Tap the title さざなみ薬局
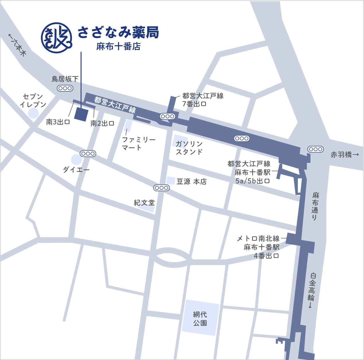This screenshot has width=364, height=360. click(118, 33)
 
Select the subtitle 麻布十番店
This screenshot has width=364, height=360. click(118, 46)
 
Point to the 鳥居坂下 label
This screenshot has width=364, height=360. click(65, 79)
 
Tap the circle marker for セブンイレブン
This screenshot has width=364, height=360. click(34, 113)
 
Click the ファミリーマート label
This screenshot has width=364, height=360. click(139, 144)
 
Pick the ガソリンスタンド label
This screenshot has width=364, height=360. click(189, 148)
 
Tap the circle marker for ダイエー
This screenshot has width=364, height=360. click(76, 160)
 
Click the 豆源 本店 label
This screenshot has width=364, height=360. click(191, 181)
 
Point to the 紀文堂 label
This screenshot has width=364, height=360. click(144, 203)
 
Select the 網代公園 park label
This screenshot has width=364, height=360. click(200, 318)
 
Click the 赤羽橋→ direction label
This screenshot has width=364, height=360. click(345, 155)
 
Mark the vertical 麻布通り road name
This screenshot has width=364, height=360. click(316, 206)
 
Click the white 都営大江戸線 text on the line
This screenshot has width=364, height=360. click(115, 105)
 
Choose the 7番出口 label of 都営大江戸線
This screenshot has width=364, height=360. click(194, 104)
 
